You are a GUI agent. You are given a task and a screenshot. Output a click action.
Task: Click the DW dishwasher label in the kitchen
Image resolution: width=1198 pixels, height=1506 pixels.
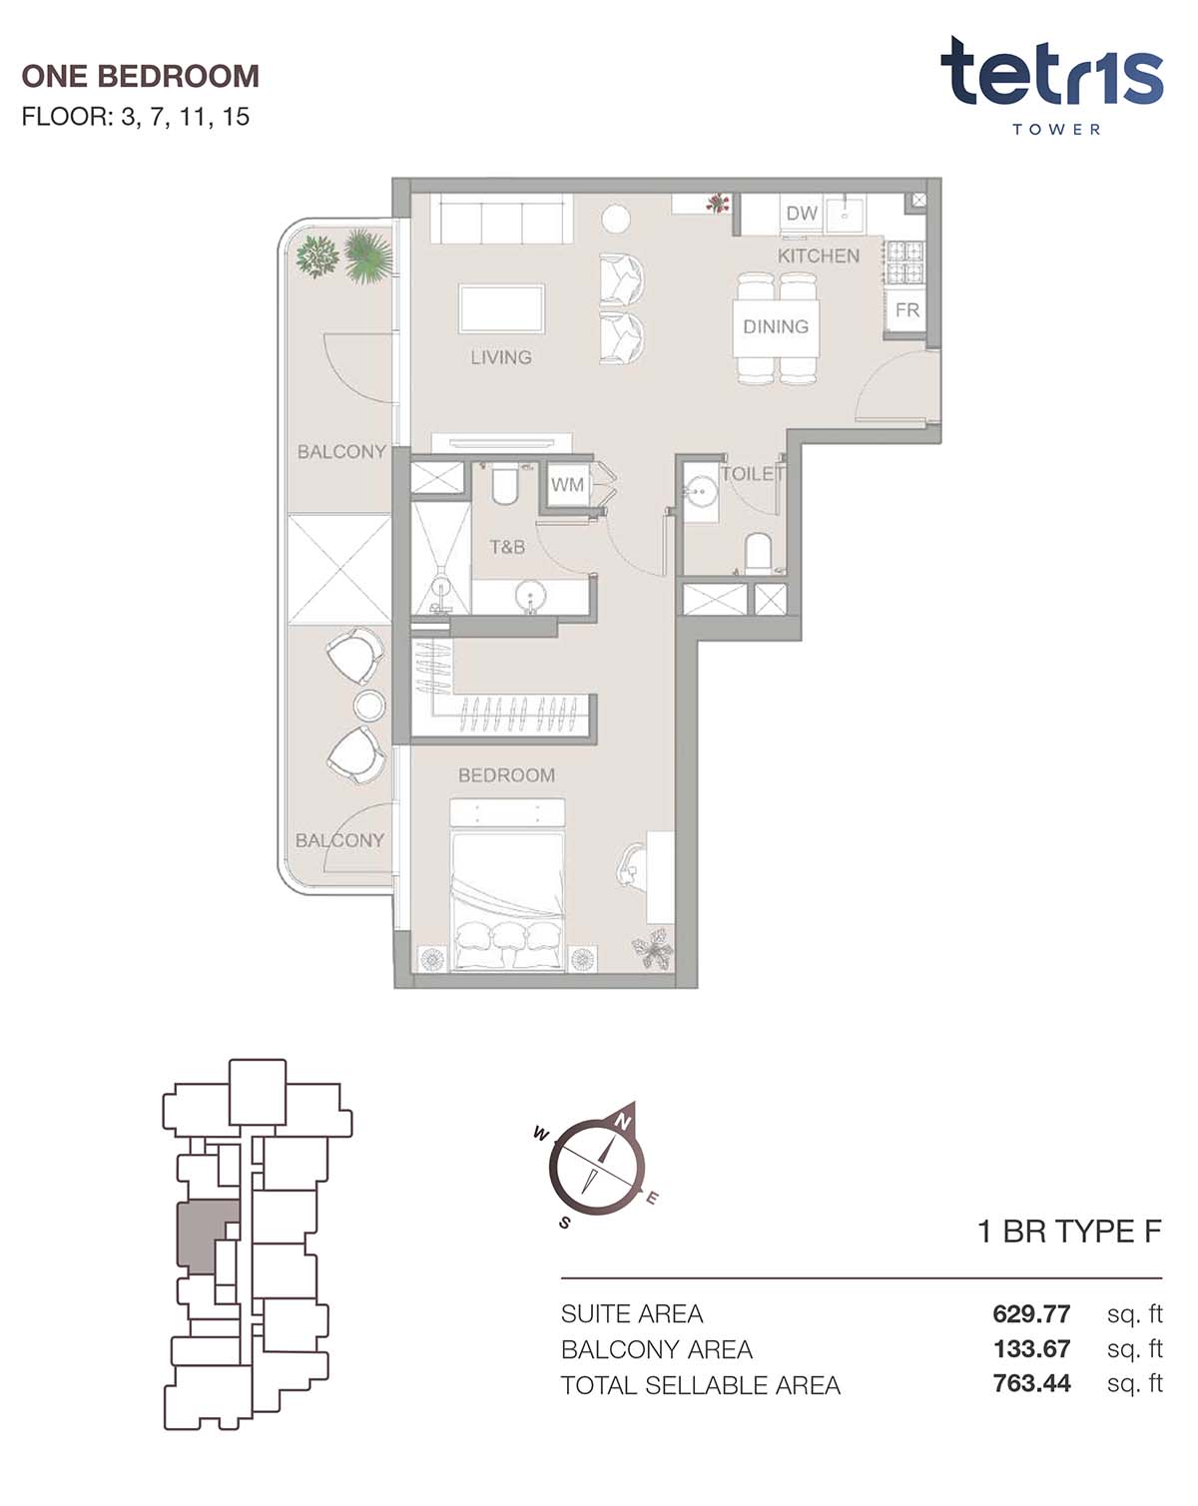(801, 214)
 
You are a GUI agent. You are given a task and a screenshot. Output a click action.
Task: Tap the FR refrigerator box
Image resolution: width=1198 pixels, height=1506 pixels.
(906, 310)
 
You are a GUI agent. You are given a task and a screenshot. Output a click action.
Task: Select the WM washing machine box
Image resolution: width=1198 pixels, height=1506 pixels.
(566, 484)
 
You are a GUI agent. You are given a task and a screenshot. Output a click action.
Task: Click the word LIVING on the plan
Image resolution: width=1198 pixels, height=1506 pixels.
(500, 357)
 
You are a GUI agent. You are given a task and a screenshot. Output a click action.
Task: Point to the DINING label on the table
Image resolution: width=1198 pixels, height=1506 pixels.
(776, 326)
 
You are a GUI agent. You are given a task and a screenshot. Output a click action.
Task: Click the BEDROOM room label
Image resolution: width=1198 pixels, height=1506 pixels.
(506, 774)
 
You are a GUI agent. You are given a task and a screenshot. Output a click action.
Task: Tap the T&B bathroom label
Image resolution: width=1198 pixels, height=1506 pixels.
(507, 547)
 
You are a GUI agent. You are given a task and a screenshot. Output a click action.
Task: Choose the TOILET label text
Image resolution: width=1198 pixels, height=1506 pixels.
(752, 474)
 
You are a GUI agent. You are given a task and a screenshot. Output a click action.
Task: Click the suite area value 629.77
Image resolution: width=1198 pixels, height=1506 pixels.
(1030, 1313)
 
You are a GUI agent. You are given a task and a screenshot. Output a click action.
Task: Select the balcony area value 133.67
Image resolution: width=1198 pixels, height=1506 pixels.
(1031, 1348)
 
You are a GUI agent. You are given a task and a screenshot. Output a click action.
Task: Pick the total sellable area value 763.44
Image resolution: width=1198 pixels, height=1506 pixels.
(1031, 1383)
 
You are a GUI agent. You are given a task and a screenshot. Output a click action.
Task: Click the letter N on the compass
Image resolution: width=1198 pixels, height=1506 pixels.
(622, 1122)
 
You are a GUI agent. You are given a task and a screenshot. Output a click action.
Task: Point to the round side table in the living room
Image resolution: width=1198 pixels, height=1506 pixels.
(615, 219)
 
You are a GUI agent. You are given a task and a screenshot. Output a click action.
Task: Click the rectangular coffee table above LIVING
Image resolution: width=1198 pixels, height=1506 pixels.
(501, 308)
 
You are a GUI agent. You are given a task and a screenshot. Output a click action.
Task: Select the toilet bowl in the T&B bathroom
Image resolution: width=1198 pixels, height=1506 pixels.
(503, 486)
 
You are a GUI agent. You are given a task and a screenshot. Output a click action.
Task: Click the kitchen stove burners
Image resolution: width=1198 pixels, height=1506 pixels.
(904, 261)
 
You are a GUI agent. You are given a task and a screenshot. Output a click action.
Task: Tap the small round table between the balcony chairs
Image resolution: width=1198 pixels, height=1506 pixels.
(368, 706)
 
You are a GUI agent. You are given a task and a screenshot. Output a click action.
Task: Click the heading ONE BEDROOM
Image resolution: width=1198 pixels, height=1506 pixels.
(140, 76)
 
